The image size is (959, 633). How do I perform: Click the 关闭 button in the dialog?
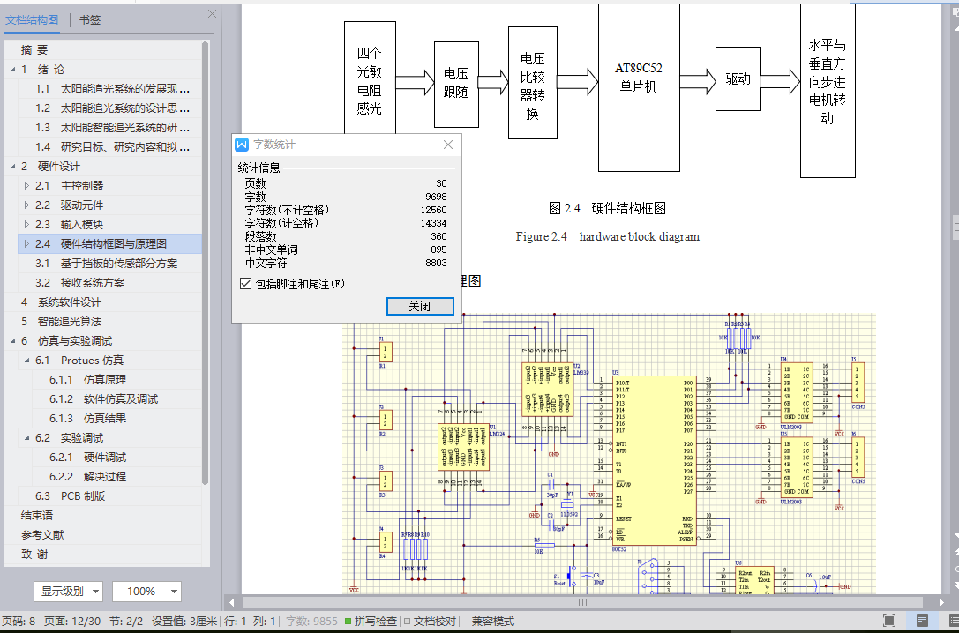pyautogui.click(x=420, y=306)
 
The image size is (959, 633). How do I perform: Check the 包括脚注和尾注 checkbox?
pyautogui.click(x=246, y=284)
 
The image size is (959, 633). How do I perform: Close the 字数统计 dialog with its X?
pyautogui.click(x=448, y=145)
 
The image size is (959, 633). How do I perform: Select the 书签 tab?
pyautogui.click(x=89, y=19)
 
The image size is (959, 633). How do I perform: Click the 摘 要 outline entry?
pyautogui.click(x=35, y=49)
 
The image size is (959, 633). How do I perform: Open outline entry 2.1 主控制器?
pyautogui.click(x=81, y=185)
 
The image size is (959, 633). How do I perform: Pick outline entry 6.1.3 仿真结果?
pyautogui.click(x=105, y=418)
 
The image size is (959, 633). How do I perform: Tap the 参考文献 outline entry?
pyautogui.click(x=42, y=534)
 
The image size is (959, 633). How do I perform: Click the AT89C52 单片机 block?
pyautogui.click(x=638, y=78)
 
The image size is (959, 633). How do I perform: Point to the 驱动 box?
pyautogui.click(x=738, y=79)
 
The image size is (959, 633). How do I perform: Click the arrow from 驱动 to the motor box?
pyautogui.click(x=779, y=81)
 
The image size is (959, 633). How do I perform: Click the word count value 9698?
pyautogui.click(x=435, y=197)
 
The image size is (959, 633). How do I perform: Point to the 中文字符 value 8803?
pyautogui.click(x=435, y=263)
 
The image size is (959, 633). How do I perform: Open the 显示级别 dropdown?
pyautogui.click(x=68, y=591)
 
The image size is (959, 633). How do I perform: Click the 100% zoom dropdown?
pyautogui.click(x=150, y=591)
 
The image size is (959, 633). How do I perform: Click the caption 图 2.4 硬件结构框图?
pyautogui.click(x=607, y=208)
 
